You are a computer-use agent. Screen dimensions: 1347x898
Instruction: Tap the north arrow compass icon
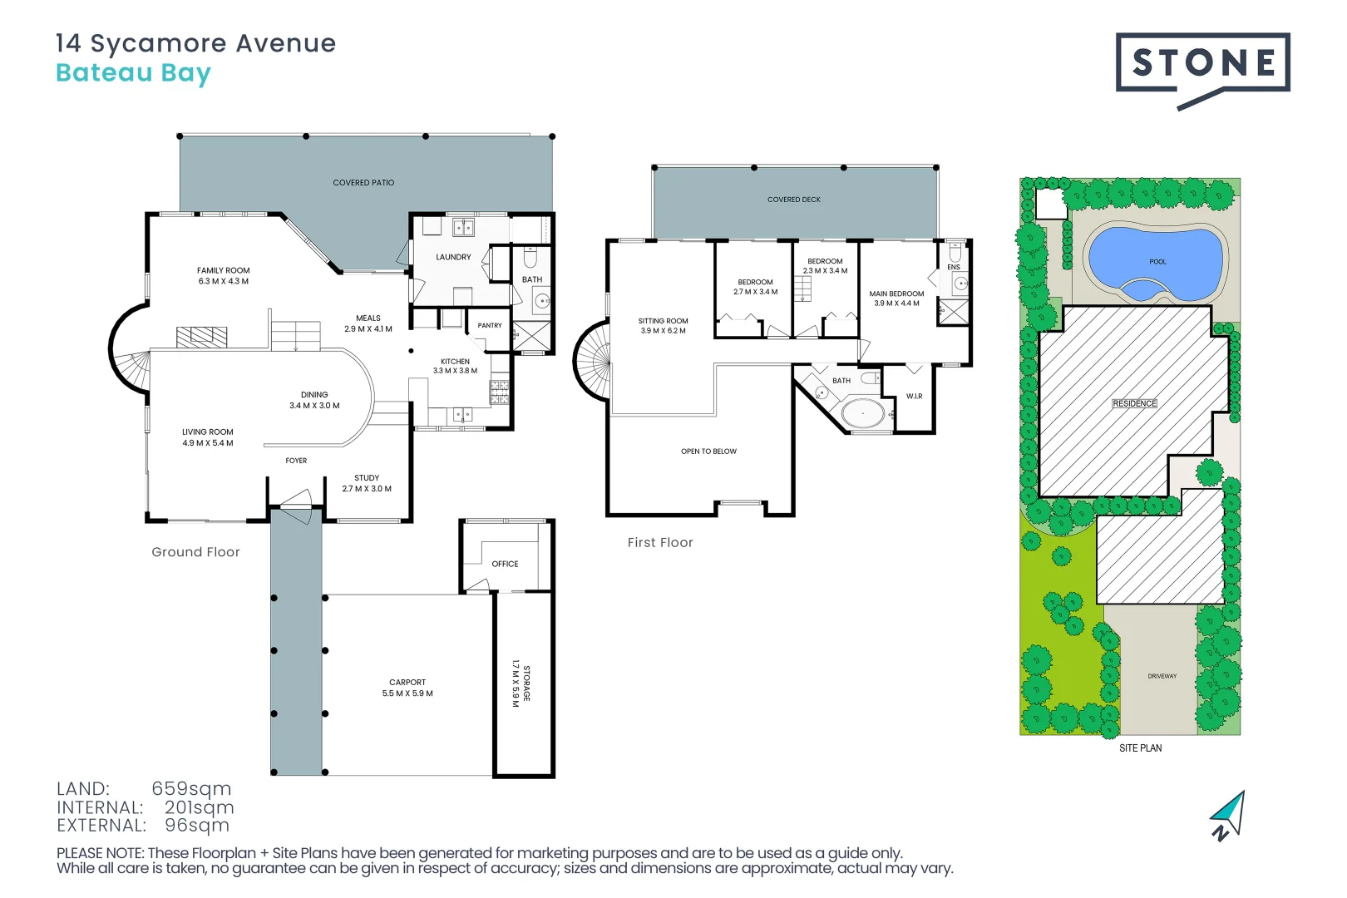pos(1228,817)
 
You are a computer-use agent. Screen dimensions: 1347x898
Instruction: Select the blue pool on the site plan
pos(1157,264)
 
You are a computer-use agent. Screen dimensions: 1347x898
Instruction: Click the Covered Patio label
pos(364,183)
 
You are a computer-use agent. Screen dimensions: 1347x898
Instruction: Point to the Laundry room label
pos(453,258)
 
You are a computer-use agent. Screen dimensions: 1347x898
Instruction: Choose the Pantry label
pos(490,325)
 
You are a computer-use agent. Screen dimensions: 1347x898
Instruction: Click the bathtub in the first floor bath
pos(863,414)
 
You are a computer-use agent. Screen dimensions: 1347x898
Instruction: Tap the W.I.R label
pos(914,397)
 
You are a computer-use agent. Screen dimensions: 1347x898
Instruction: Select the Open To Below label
pos(708,451)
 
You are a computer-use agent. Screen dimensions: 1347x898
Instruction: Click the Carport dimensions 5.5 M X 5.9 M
pos(407,693)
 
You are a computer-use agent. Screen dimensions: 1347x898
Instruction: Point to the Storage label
pos(527,683)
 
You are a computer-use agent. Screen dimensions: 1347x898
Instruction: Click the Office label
pos(506,565)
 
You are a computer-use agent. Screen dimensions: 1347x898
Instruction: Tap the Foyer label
pos(296,461)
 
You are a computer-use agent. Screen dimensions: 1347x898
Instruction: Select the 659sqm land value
pos(191,788)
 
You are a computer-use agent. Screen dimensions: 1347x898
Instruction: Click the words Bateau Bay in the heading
pos(134,73)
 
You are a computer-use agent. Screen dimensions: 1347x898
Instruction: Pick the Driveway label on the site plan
pos(1162,676)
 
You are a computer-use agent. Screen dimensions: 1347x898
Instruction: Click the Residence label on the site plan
pos(1134,403)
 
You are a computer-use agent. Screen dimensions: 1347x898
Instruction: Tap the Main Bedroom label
pos(896,294)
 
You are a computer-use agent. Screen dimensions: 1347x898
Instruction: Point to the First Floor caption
pos(660,542)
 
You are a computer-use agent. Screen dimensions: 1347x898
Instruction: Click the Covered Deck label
pos(794,200)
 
